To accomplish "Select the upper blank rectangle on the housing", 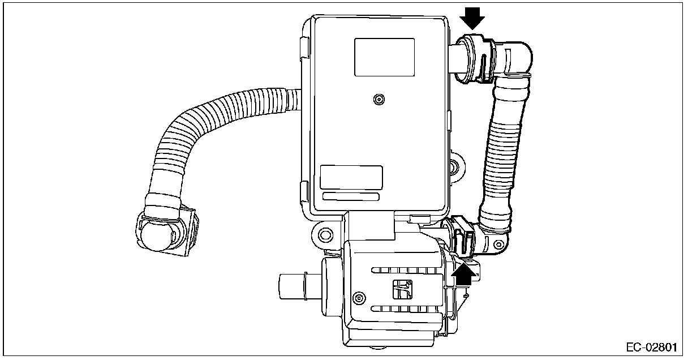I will [x=385, y=57].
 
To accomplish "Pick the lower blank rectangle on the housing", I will [x=351, y=177].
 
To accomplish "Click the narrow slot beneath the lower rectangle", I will [x=351, y=196].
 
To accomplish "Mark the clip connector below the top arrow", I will [x=474, y=59].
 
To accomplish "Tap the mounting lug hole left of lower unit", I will [x=324, y=233].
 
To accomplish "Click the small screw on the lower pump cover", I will [x=356, y=297].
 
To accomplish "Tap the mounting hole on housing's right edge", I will [x=455, y=166].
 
